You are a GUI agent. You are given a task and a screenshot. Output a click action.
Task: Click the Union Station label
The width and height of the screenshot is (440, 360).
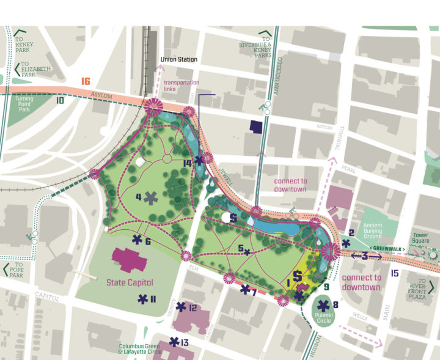pos(178,59)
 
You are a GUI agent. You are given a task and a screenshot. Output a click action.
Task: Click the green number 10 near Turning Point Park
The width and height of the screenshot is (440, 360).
pos(60,100)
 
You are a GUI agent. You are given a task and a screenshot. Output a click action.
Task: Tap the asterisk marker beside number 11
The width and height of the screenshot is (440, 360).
pos(143,299)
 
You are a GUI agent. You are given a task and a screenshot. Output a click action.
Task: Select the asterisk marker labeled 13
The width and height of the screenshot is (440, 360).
pos(175,342)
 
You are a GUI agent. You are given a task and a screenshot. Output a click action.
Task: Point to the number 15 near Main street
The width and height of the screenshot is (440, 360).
pos(394,273)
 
